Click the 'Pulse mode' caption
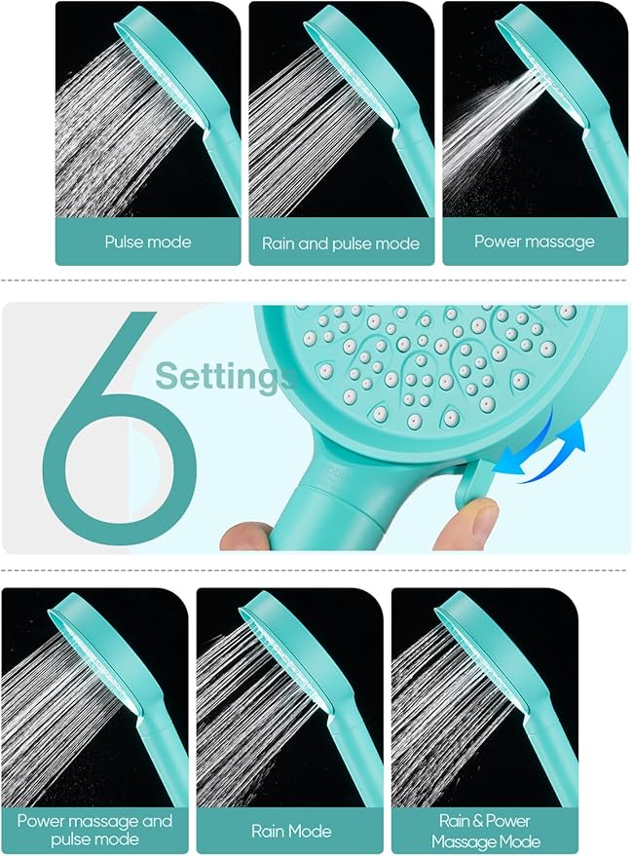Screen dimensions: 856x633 148,242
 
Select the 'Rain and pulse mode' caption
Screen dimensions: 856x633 341,243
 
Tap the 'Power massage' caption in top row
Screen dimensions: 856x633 534,242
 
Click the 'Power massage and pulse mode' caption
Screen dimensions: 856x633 94,830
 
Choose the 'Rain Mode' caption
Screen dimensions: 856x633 290,831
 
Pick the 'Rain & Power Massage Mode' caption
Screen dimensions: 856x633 484,830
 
